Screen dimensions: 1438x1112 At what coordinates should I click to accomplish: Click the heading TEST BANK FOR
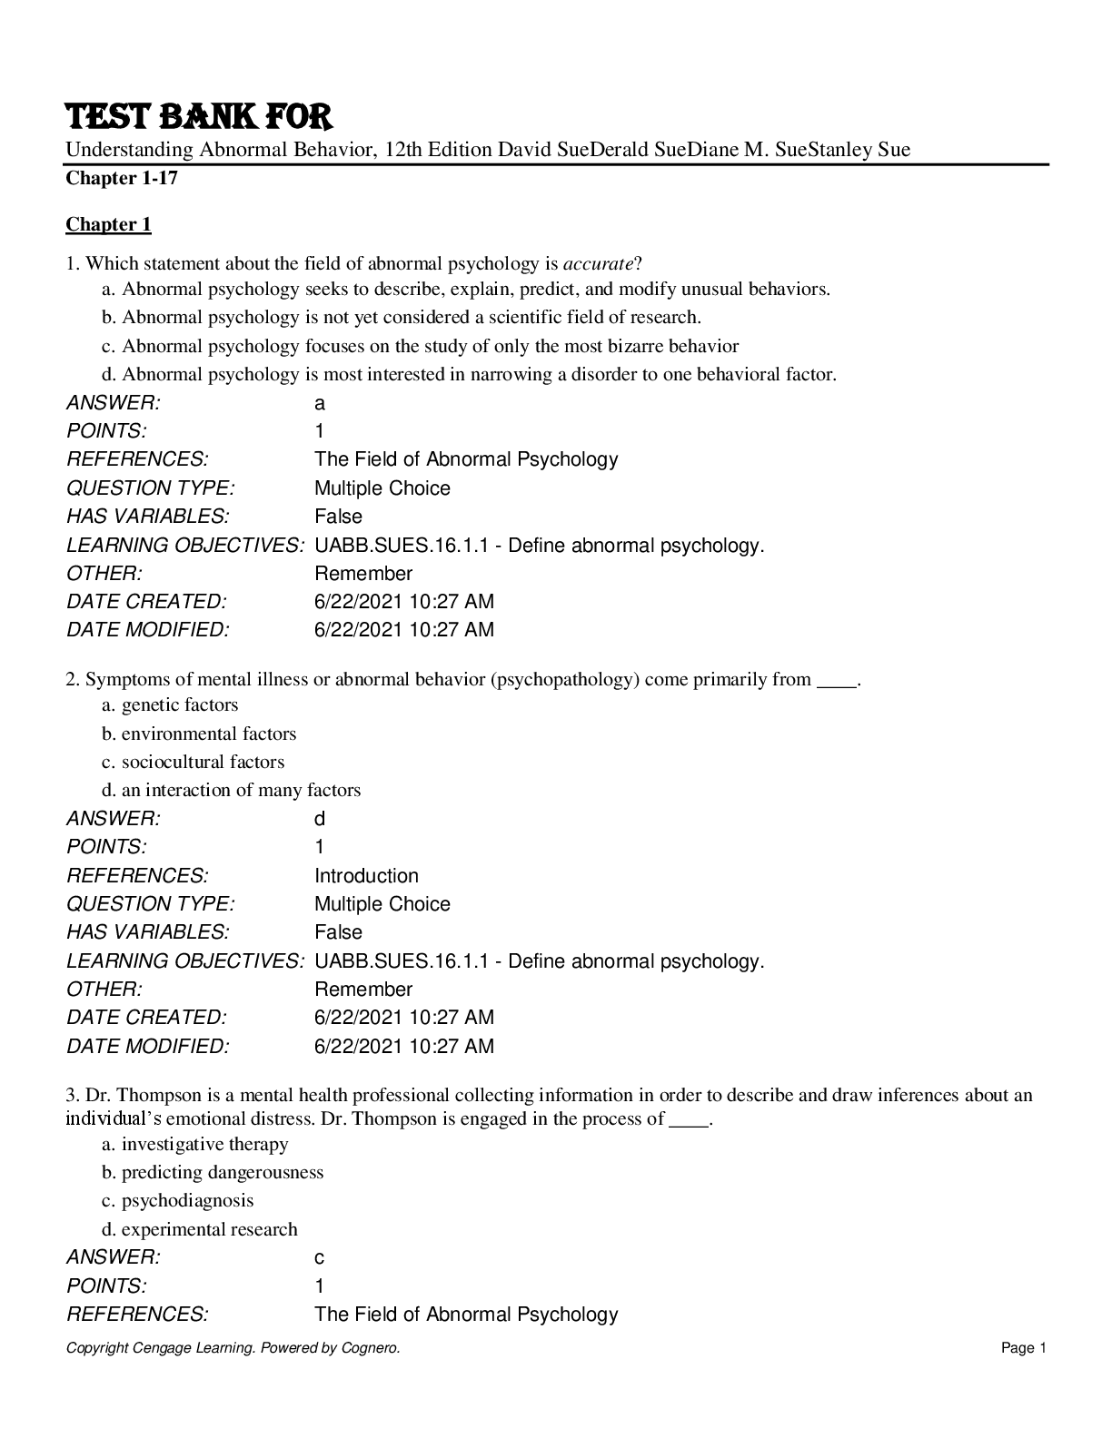click(199, 118)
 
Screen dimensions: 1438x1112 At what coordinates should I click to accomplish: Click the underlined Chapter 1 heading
click(108, 224)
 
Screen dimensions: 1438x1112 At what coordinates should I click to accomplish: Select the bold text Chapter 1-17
click(122, 178)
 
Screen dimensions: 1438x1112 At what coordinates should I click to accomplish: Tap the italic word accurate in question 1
click(598, 264)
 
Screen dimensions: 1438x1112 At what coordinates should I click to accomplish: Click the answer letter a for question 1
click(320, 403)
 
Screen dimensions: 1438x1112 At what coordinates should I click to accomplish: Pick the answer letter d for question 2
click(320, 819)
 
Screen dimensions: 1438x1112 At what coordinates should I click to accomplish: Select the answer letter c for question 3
click(320, 1258)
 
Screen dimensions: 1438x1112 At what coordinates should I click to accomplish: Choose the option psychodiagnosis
click(187, 1200)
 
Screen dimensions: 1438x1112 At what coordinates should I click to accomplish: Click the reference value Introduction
click(366, 876)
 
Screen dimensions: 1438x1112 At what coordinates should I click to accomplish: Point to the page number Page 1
click(1024, 1348)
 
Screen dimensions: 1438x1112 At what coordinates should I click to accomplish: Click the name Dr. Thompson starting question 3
click(126, 1095)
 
